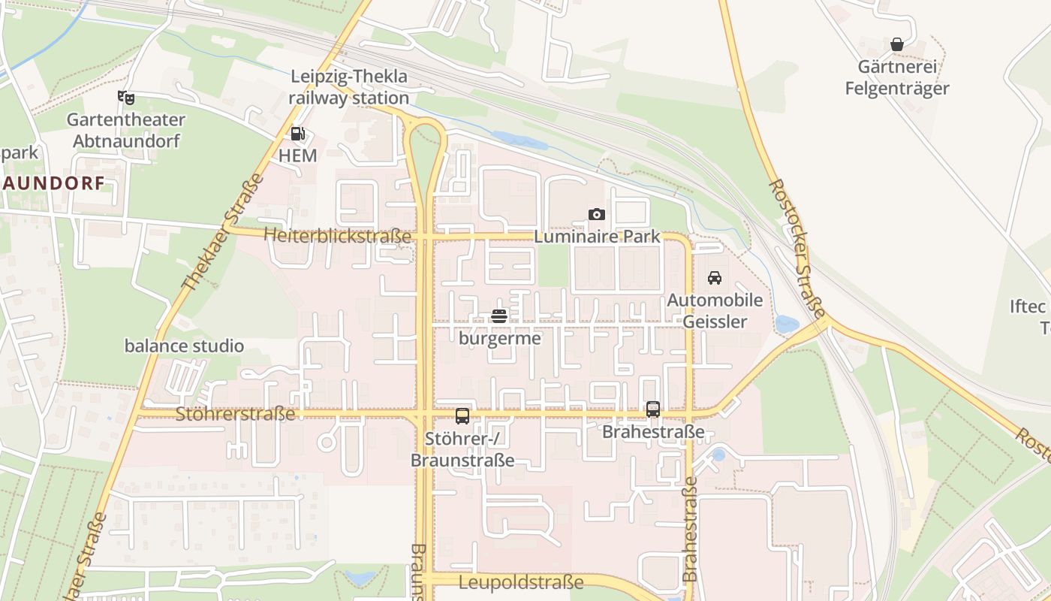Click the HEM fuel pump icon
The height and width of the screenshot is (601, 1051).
tap(298, 134)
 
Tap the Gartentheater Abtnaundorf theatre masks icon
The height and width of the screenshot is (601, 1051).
tap(126, 97)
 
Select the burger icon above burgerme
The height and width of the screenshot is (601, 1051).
tap(499, 316)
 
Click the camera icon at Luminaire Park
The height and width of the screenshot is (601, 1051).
tap(597, 215)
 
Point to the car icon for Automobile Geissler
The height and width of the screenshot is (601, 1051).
tap(714, 278)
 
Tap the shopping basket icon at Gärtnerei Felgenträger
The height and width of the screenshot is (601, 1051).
tap(896, 45)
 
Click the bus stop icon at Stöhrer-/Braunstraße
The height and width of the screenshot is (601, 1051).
tap(462, 415)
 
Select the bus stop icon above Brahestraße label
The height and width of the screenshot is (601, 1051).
tap(653, 409)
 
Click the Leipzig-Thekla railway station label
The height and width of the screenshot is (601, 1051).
tap(349, 87)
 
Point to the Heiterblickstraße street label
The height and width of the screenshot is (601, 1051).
tap(338, 236)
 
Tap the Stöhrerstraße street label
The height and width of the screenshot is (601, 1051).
tap(235, 414)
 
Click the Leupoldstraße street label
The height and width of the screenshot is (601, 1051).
tap(520, 582)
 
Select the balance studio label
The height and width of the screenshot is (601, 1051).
tap(184, 346)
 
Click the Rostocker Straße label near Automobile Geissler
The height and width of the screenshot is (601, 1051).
tap(797, 249)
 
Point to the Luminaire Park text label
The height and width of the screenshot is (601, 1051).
tap(598, 237)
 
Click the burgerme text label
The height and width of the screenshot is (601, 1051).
tap(499, 338)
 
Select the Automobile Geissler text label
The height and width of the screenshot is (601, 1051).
tap(715, 311)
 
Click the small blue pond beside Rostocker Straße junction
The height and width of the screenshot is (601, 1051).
tap(786, 325)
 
